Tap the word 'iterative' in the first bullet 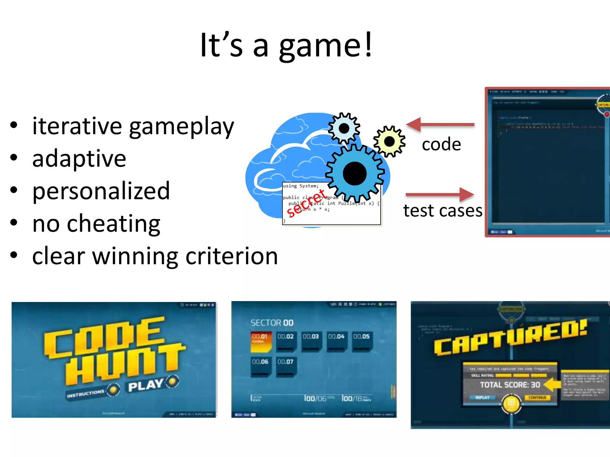[77, 126]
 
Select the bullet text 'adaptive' [79, 159]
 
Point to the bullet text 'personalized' [101, 191]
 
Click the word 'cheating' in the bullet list [113, 224]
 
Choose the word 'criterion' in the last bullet [231, 256]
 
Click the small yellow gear [389, 142]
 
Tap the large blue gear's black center [354, 173]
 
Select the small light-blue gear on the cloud [344, 129]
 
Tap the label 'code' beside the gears [441, 145]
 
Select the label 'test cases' [443, 211]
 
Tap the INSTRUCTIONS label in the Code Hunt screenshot [85, 394]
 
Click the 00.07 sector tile [286, 366]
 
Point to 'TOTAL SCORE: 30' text [510, 385]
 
